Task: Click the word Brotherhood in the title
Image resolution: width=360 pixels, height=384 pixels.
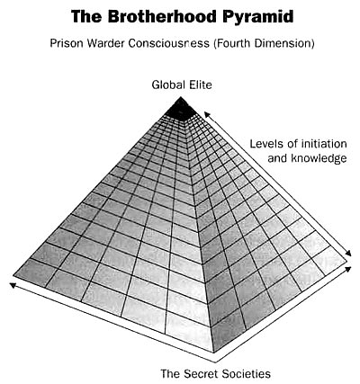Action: click(x=160, y=16)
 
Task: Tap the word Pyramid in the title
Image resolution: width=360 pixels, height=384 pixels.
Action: click(x=258, y=18)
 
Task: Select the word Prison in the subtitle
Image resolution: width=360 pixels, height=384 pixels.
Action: click(x=67, y=43)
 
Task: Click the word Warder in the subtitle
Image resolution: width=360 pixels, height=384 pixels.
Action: click(x=106, y=43)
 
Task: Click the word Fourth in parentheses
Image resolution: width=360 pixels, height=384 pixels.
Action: click(x=231, y=43)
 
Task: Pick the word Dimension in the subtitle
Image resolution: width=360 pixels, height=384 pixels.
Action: click(x=284, y=43)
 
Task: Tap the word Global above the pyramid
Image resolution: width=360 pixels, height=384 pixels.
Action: click(x=167, y=85)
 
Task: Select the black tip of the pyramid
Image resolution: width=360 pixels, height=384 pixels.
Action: click(x=181, y=110)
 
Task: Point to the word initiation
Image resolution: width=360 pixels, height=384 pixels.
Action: click(x=324, y=144)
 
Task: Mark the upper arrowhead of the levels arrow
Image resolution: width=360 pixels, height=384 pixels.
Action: click(x=207, y=114)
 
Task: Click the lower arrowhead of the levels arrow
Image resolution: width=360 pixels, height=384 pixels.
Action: click(x=348, y=254)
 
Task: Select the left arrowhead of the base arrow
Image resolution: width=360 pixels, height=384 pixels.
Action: click(x=13, y=285)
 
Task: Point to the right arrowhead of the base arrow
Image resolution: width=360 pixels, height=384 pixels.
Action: click(x=348, y=269)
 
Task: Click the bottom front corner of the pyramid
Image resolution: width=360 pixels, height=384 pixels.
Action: click(x=213, y=353)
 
